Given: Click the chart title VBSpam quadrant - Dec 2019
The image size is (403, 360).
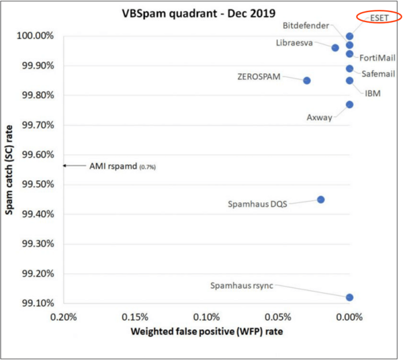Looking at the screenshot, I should point(200,13).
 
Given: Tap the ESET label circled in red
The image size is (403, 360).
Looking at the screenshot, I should point(380,17).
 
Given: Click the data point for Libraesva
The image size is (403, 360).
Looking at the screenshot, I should point(335,48).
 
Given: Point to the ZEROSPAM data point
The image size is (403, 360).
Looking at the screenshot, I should point(307,81).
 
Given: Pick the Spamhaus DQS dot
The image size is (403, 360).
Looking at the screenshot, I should point(321,199).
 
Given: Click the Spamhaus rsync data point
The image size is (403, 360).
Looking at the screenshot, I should point(349,297).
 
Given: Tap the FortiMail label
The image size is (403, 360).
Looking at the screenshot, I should point(376,58).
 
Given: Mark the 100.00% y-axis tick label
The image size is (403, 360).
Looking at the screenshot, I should point(40,36).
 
